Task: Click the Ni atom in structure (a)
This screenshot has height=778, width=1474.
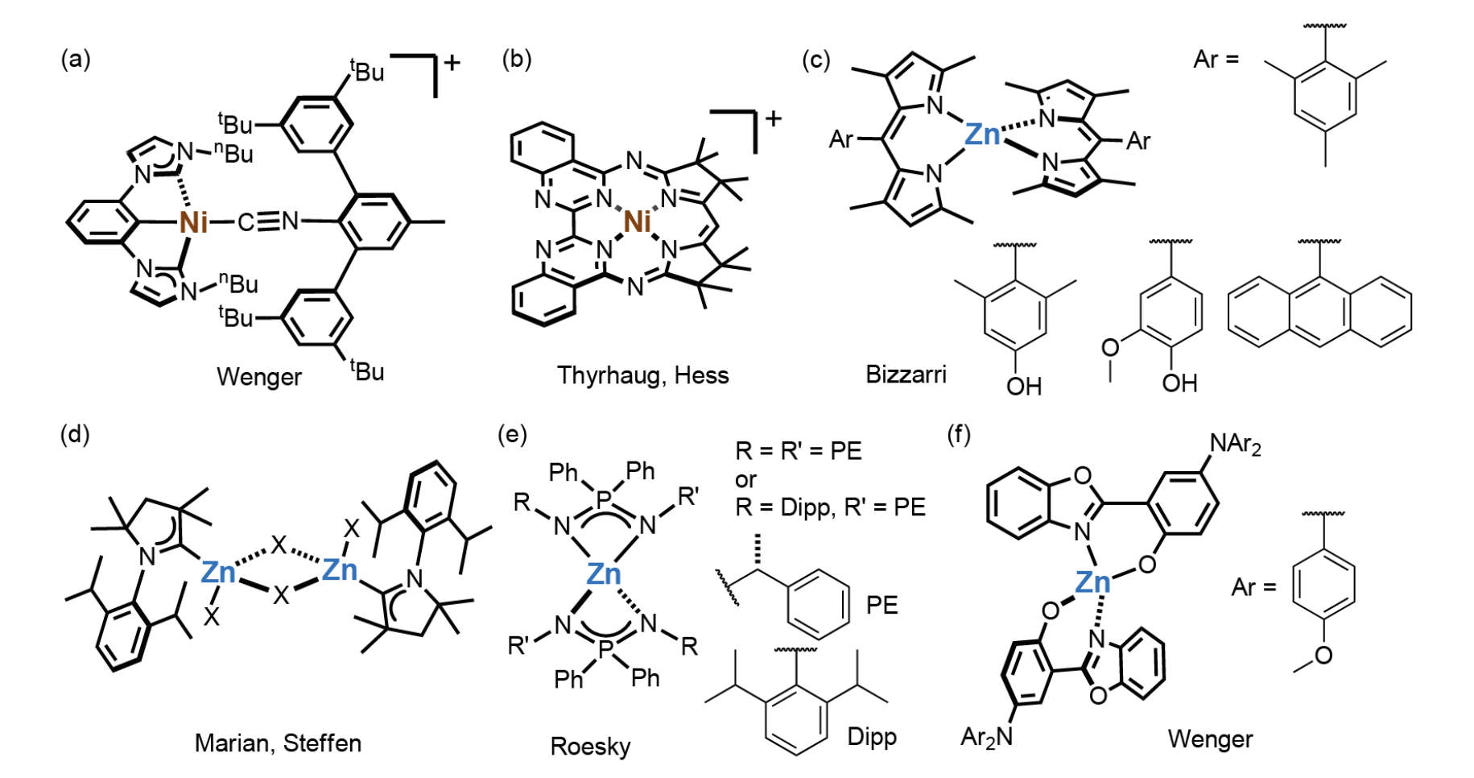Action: [194, 221]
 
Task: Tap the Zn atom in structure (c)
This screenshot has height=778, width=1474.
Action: [982, 134]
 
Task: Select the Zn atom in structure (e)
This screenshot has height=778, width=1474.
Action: [604, 573]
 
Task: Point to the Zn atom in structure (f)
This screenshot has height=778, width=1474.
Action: [1092, 581]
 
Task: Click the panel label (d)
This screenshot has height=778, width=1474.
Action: [76, 435]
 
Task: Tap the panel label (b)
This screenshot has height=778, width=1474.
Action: [517, 59]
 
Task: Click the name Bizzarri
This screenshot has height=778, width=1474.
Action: [906, 375]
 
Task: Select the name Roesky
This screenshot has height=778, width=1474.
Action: [591, 747]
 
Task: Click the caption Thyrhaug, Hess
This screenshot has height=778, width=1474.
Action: [643, 375]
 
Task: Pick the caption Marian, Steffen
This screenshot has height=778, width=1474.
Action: [279, 743]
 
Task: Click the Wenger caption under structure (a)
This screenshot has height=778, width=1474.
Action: [259, 377]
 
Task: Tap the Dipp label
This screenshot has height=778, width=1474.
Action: [872, 737]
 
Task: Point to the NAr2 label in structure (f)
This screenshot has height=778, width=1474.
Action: [1235, 444]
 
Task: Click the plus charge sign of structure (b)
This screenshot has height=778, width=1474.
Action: [774, 119]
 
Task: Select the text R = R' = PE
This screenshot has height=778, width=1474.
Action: [799, 450]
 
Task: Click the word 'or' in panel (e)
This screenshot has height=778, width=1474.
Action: [745, 480]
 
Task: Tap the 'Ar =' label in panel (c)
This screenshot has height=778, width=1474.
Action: [1216, 60]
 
